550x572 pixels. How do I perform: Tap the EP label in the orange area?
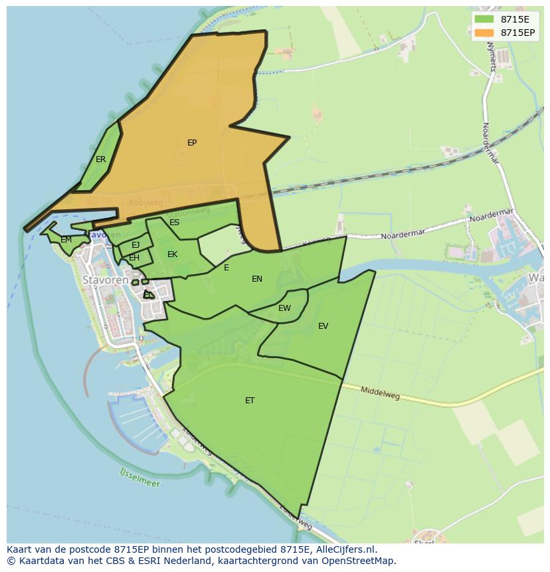click(192, 143)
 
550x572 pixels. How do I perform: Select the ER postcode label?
click(100, 159)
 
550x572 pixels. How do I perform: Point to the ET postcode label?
click(250, 401)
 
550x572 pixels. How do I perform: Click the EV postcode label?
click(323, 326)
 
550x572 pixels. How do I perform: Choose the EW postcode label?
click(284, 308)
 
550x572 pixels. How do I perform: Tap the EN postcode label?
click(257, 279)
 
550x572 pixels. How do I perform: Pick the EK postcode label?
click(173, 254)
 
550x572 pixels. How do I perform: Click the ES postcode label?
click(174, 223)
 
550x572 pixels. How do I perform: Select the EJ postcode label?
click(136, 245)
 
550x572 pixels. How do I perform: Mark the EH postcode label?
click(134, 258)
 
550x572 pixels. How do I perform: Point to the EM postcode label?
click(66, 240)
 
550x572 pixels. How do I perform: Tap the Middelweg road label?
click(380, 393)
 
